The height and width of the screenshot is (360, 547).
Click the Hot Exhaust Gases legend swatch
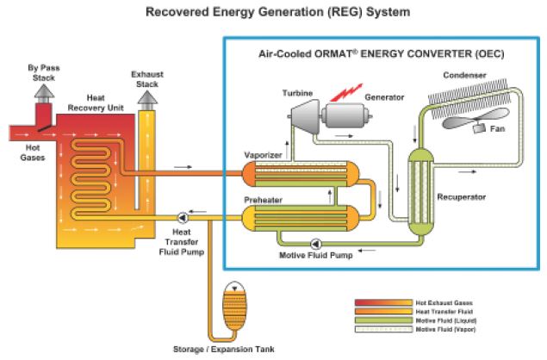382,303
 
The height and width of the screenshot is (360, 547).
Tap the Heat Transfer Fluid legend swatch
382,312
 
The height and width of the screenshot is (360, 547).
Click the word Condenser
466,73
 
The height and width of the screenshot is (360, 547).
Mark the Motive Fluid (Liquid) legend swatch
382,320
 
